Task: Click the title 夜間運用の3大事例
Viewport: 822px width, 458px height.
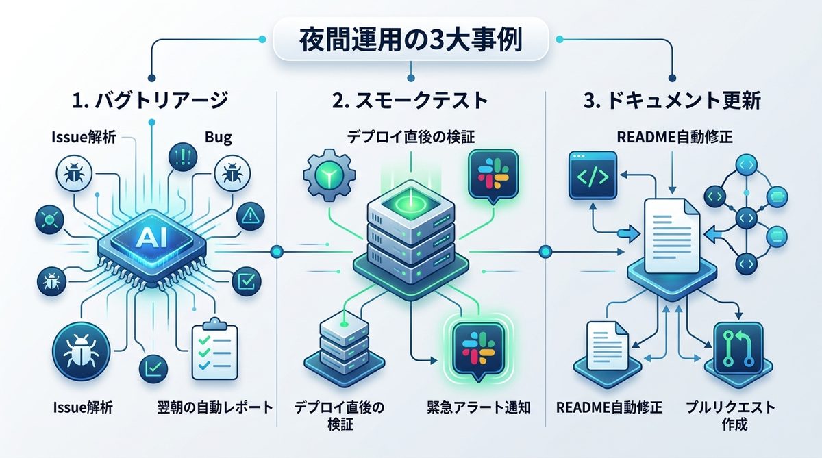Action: click(x=410, y=39)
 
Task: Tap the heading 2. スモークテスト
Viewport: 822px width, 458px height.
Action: click(x=410, y=101)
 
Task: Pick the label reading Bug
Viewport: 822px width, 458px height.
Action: click(x=219, y=137)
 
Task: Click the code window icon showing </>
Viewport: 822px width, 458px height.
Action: click(x=593, y=175)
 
